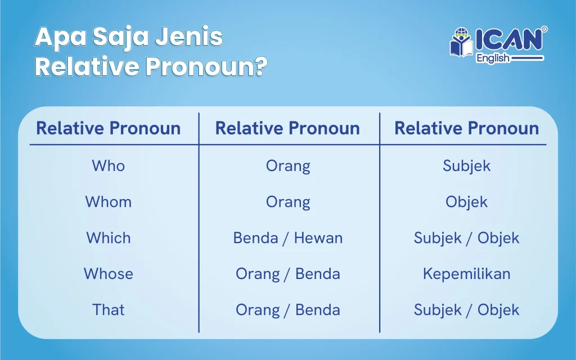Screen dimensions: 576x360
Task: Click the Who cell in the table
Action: coord(109,166)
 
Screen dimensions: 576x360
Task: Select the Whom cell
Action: coord(109,202)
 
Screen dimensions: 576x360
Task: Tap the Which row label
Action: coord(109,238)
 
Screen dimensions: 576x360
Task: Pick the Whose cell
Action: coord(109,274)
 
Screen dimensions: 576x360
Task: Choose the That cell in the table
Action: coord(109,310)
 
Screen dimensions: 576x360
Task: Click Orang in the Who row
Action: coord(288,166)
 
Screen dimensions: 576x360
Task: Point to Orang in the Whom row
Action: coord(288,202)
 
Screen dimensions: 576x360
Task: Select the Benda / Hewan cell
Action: coord(288,238)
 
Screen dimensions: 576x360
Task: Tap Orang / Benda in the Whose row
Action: coord(288,274)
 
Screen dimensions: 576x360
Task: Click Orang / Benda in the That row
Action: coord(288,310)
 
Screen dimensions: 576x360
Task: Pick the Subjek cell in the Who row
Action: coord(466,166)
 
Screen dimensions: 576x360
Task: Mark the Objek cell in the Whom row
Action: coord(466,202)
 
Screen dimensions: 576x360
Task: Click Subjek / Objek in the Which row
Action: coord(466,238)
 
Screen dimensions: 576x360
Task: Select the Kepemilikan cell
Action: coord(466,274)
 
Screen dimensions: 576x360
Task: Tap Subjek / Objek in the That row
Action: coord(466,310)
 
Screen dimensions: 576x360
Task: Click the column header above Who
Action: coord(109,128)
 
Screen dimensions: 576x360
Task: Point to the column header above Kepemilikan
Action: coord(466,128)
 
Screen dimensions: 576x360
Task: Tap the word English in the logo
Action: coord(493,58)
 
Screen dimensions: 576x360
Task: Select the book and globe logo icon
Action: coord(462,42)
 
